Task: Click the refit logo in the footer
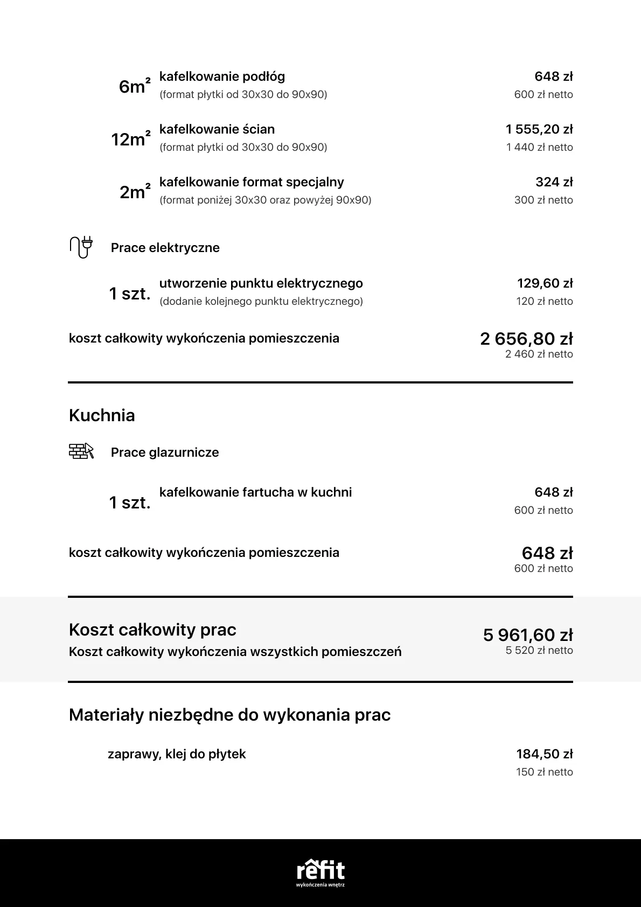click(x=320, y=871)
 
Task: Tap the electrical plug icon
click(x=81, y=247)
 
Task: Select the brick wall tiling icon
click(x=81, y=451)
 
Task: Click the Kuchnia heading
click(x=102, y=415)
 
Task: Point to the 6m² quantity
click(x=134, y=86)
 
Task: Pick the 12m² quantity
click(x=130, y=139)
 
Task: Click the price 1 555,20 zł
click(x=539, y=129)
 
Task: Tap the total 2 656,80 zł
click(x=526, y=339)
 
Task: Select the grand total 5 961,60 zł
click(x=528, y=635)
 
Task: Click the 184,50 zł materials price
click(x=545, y=754)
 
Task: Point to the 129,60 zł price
click(x=545, y=283)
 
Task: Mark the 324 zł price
click(x=554, y=182)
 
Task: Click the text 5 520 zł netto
click(x=539, y=651)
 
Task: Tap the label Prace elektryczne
click(x=165, y=248)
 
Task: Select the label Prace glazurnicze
click(x=165, y=452)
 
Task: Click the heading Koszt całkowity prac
click(x=152, y=630)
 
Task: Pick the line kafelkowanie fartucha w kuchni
click(x=255, y=492)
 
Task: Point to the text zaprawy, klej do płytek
click(x=177, y=754)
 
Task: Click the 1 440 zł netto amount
click(x=539, y=147)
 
